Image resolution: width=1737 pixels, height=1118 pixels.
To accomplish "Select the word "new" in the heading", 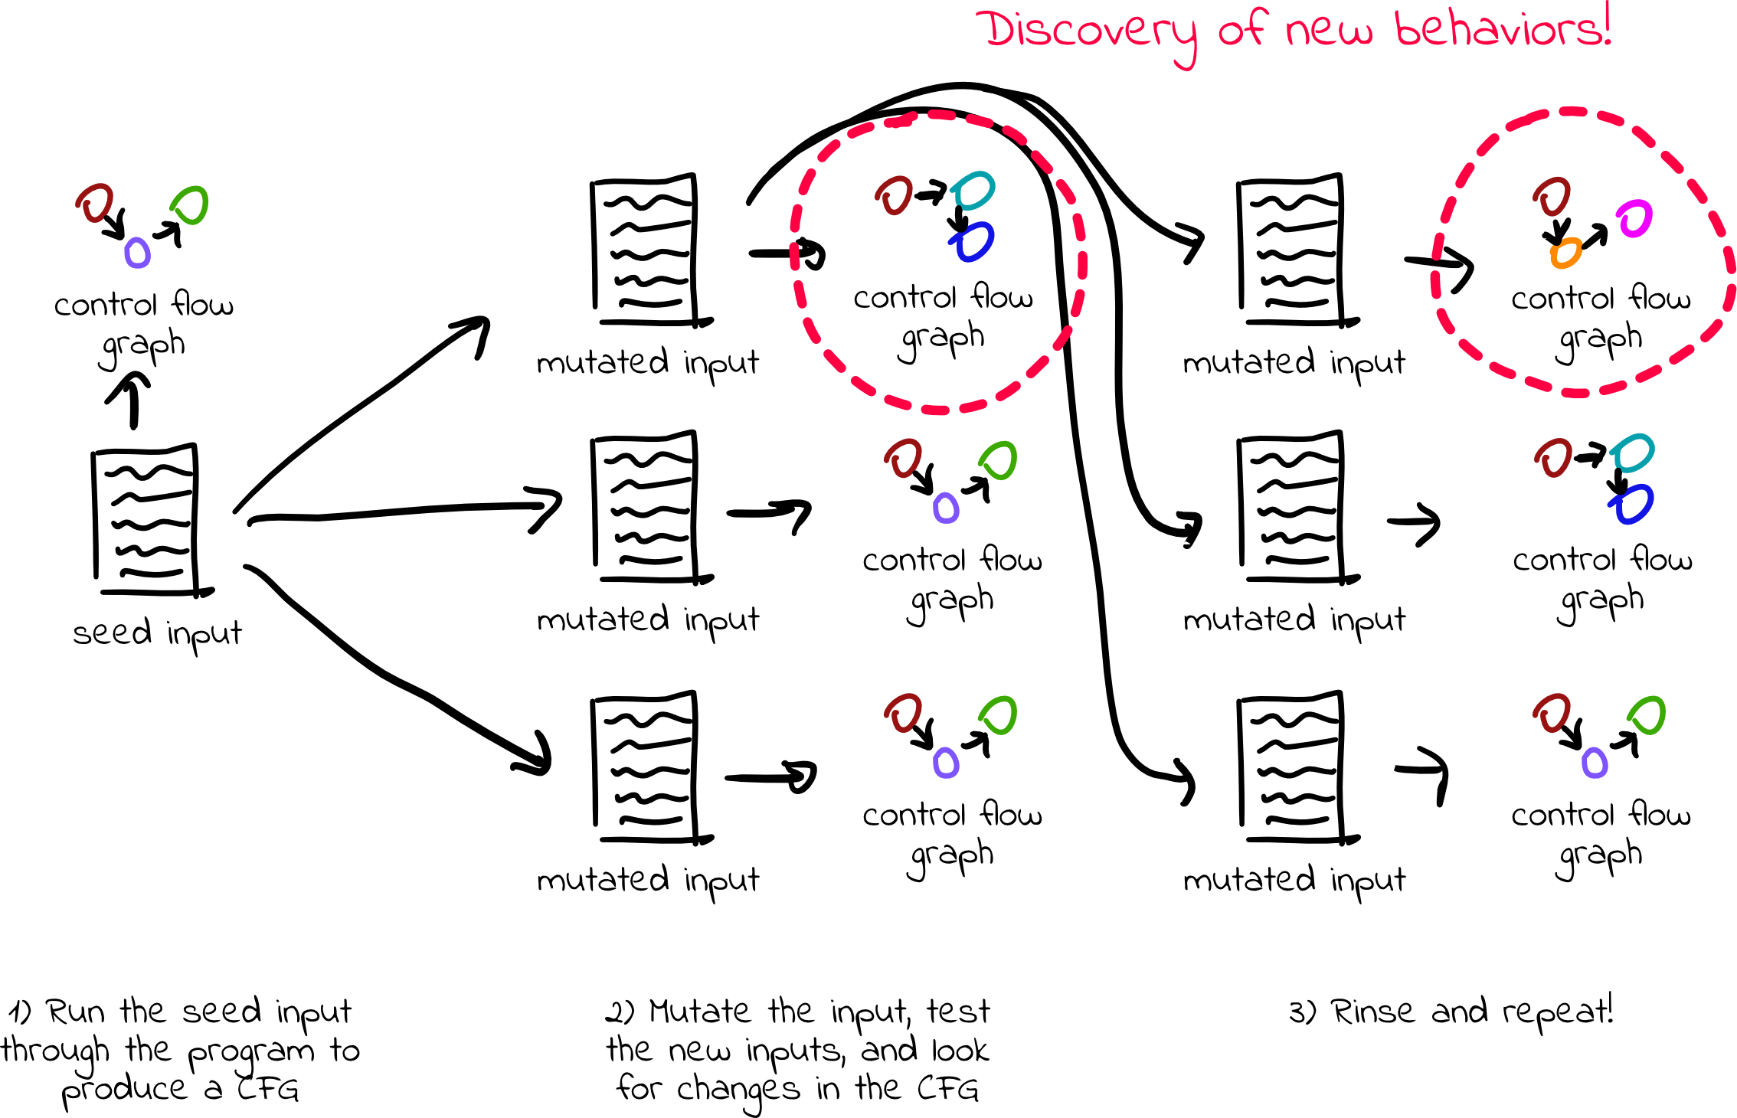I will [x=1330, y=32].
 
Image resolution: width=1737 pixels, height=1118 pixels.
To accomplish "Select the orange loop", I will [x=1566, y=253].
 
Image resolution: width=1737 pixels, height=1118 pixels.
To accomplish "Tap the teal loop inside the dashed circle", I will [x=973, y=191].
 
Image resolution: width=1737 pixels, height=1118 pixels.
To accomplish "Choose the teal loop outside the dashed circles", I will [x=1632, y=453].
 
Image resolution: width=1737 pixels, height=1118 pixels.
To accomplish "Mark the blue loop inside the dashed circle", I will [x=973, y=242].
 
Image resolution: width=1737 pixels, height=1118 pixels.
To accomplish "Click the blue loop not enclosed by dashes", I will [x=1631, y=505].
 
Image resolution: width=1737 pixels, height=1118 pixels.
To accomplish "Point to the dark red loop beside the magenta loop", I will [x=1552, y=198].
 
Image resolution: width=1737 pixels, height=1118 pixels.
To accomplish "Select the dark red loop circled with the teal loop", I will [x=895, y=196].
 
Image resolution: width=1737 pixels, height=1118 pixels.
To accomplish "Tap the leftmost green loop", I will [x=190, y=205].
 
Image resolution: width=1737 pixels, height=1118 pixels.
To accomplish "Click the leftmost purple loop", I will [x=138, y=253].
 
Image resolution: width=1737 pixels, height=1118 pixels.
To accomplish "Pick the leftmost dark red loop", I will [x=96, y=204].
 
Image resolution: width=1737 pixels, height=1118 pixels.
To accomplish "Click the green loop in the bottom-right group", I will [x=1647, y=716].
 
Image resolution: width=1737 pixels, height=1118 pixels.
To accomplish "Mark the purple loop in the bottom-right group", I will [x=1595, y=763].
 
